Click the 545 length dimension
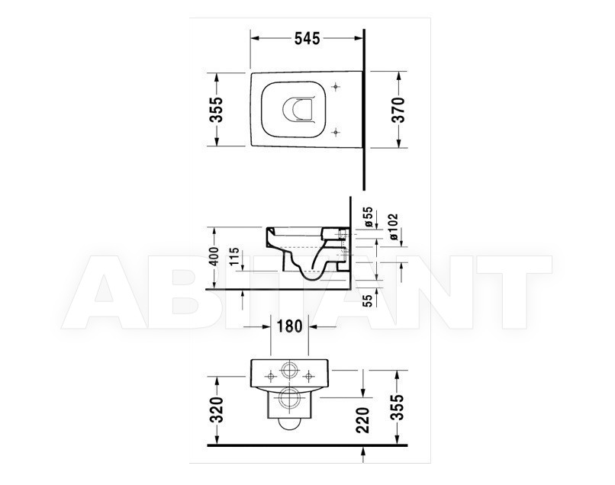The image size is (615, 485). (x=307, y=38)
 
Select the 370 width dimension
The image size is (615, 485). (x=399, y=110)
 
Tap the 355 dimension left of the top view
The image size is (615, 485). (x=216, y=109)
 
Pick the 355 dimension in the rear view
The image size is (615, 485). (x=398, y=407)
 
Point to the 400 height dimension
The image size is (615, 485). (x=214, y=256)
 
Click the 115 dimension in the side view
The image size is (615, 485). (x=234, y=256)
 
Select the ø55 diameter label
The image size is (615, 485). (x=369, y=217)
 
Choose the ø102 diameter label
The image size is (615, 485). (x=394, y=227)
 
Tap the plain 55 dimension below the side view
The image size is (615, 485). (x=368, y=300)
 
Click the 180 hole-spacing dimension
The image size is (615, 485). (x=290, y=326)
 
